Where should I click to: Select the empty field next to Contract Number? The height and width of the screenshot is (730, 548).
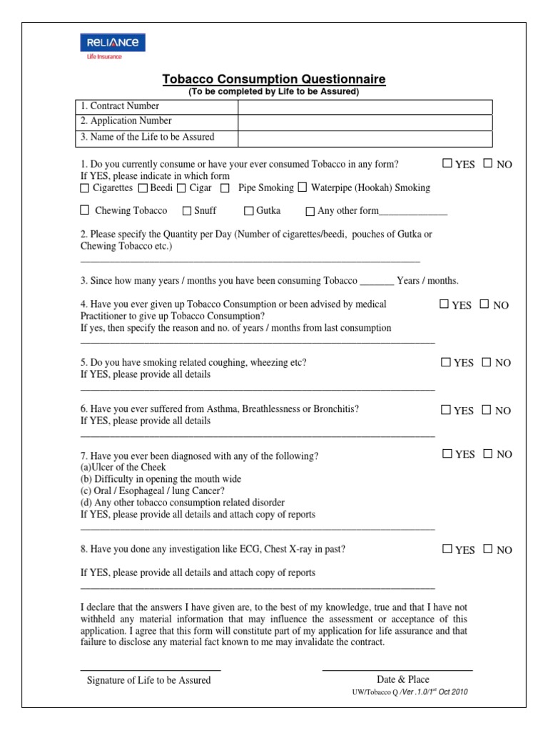pos(365,107)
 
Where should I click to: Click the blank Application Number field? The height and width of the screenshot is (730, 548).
pos(365,122)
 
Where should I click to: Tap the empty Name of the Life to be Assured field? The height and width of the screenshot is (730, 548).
pos(365,138)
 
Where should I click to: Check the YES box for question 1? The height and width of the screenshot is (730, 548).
pos(447,163)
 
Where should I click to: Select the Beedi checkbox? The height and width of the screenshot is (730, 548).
pos(143,188)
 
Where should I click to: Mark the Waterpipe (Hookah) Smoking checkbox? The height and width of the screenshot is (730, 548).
pos(303,187)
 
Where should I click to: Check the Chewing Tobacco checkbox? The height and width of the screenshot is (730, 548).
pos(85,210)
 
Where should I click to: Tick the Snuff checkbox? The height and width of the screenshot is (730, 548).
pos(187,211)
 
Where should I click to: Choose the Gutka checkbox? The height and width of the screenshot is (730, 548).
pos(249,211)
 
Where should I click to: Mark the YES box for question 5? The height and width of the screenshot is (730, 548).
pos(446,362)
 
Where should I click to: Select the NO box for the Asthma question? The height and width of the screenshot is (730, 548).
pos(487,410)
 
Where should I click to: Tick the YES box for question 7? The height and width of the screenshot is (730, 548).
pos(447,453)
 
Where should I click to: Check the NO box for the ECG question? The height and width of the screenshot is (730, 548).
pos(487,549)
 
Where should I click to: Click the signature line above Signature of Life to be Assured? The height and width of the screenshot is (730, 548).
pos(150,669)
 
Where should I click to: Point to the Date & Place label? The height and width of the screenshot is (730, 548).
pos(403,679)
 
